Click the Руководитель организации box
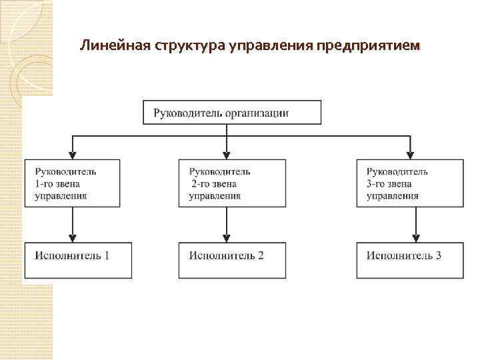[232, 112]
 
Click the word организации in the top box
[257, 113]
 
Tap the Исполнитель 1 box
[79, 259]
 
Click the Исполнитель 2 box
[232, 259]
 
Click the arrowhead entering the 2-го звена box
[227, 154]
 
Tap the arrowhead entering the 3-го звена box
[411, 154]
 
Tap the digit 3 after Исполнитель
[438, 255]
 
